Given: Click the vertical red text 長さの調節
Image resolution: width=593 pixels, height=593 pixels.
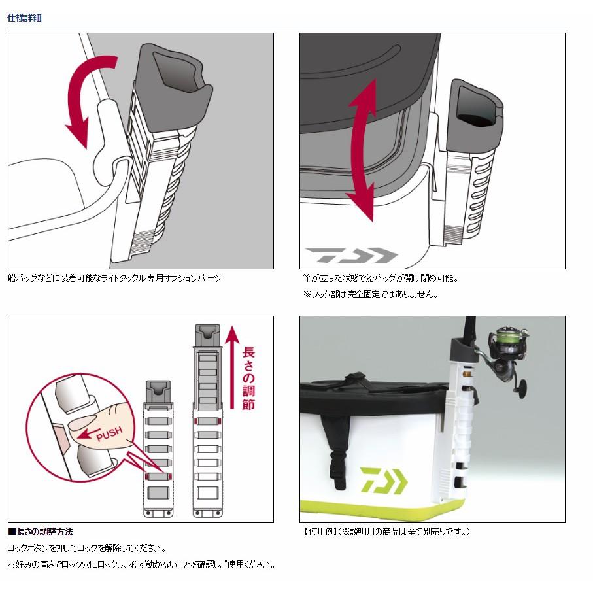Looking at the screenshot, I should point(248,377).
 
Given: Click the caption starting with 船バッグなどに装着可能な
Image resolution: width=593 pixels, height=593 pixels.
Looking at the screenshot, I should point(114,278).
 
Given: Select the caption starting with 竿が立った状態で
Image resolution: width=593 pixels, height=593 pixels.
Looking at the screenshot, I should point(390,278).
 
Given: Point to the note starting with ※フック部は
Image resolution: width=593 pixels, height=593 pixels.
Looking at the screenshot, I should point(370,294).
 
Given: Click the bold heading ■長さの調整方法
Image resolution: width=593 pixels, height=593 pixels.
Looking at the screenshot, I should point(41,532).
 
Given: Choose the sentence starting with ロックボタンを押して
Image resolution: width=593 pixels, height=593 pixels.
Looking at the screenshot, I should point(87,548).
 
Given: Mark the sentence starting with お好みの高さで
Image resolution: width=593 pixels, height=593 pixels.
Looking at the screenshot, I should point(141,564).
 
